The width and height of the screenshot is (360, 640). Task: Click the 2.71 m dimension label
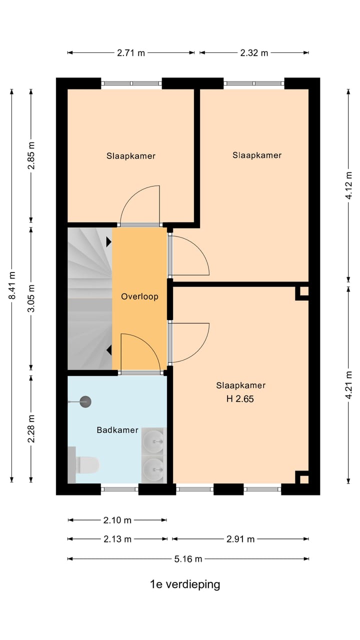pyautogui.click(x=131, y=53)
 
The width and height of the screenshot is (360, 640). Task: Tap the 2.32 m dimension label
pyautogui.click(x=254, y=53)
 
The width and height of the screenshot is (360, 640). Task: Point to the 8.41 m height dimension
pyautogui.click(x=12, y=285)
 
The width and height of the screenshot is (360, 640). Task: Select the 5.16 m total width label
pyautogui.click(x=188, y=558)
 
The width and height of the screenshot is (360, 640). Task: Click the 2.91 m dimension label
pyautogui.click(x=240, y=539)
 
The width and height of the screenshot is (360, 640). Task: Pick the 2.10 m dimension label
pyautogui.click(x=117, y=520)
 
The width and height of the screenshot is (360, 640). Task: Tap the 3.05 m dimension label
pyautogui.click(x=31, y=298)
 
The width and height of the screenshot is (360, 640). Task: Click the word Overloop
pyautogui.click(x=139, y=296)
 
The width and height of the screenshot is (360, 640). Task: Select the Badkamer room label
pyautogui.click(x=117, y=430)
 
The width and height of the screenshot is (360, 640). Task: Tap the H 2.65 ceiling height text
pyautogui.click(x=240, y=399)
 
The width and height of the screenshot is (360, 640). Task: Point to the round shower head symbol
pyautogui.click(x=85, y=401)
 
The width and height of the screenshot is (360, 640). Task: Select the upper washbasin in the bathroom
pyautogui.click(x=153, y=441)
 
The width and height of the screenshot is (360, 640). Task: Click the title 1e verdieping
pyautogui.click(x=185, y=584)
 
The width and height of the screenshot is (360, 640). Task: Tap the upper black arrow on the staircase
pyautogui.click(x=109, y=242)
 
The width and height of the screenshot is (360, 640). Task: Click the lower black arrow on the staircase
pyautogui.click(x=109, y=350)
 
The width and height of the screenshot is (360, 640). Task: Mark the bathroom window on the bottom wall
pyautogui.click(x=119, y=489)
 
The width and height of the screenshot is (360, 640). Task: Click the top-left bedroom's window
pyautogui.click(x=131, y=83)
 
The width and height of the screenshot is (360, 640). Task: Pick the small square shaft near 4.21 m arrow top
pyautogui.click(x=302, y=291)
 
